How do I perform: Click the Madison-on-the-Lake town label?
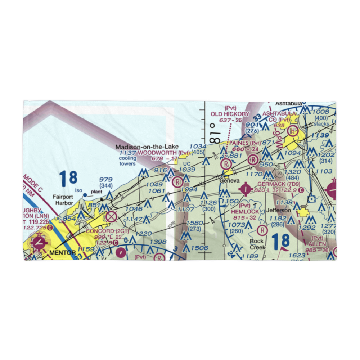click(147, 147)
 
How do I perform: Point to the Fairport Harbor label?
click(63, 200)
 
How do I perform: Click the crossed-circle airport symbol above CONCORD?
click(112, 217)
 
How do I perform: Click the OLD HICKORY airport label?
click(230, 114)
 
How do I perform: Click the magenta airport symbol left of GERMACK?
click(246, 188)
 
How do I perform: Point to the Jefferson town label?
click(278, 210)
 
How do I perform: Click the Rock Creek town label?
click(258, 244)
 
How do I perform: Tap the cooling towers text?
click(127, 161)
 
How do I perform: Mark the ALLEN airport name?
click(317, 244)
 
